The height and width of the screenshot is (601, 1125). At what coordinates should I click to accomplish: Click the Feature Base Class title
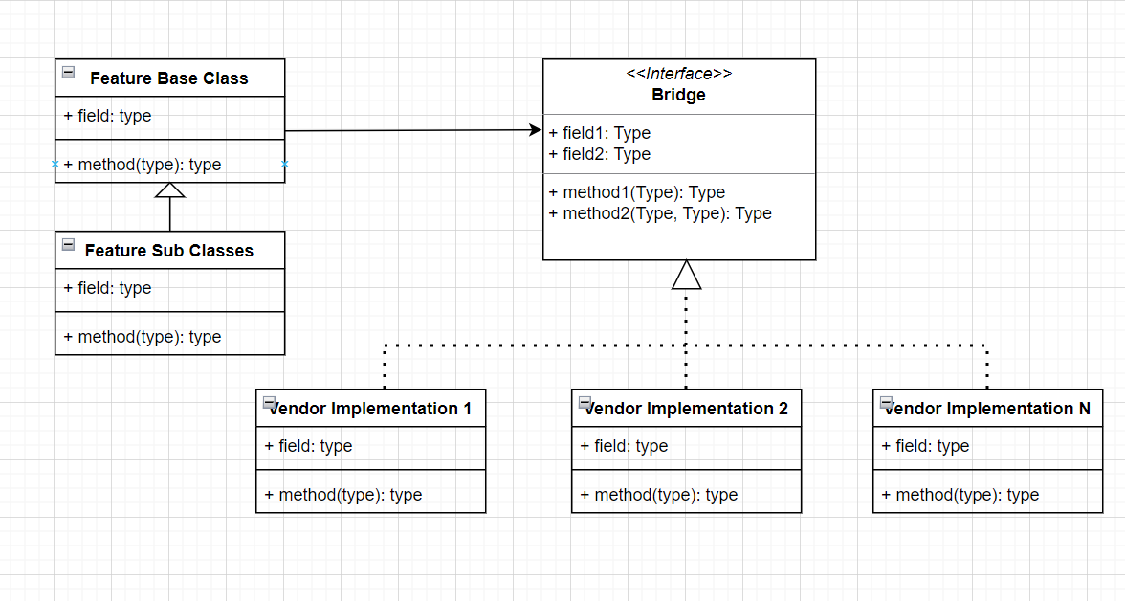168,78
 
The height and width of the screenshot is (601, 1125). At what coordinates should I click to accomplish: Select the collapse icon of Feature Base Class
68,72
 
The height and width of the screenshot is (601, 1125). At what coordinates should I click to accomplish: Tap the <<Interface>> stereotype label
679,74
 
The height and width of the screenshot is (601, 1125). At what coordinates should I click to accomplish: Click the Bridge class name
679,95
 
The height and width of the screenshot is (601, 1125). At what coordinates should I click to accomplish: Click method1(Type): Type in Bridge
637,192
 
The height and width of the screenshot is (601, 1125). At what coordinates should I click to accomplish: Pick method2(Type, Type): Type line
660,213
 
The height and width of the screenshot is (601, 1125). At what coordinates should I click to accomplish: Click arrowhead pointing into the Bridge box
534,129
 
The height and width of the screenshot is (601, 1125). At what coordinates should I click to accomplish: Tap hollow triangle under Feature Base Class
170,189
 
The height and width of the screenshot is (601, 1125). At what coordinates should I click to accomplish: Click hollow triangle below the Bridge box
687,275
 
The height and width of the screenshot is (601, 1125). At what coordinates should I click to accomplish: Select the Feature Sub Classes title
168,251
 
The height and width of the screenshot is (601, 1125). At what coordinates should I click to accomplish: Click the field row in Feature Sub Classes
107,288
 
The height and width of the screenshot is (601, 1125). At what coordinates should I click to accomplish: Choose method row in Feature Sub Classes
143,337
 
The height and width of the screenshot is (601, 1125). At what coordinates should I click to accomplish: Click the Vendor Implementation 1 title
371,409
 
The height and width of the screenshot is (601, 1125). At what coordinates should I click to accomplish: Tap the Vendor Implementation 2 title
687,409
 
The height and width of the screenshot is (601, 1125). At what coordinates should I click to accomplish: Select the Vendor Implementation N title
988,409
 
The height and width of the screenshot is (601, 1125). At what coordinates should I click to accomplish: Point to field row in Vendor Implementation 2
624,446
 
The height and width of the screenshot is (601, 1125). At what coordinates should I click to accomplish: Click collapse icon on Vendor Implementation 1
269,402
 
